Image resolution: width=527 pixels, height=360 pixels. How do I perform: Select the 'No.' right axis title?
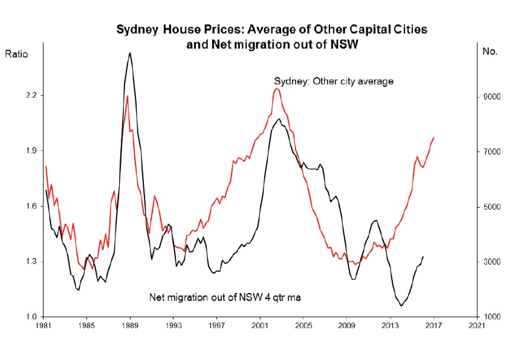point(490,51)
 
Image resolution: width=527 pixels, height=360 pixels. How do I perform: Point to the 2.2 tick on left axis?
point(31,95)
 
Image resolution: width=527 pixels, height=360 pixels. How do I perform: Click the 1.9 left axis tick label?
point(31,151)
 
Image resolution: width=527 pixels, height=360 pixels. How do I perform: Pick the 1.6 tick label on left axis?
point(31,207)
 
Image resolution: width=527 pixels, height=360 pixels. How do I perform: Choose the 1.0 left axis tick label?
point(31,317)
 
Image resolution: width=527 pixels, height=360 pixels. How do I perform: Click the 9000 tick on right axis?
point(491,97)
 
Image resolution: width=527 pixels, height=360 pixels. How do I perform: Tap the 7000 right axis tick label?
point(491,152)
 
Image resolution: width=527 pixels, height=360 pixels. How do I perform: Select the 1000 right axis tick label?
point(491,317)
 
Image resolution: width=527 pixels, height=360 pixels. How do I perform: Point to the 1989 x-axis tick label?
point(130,327)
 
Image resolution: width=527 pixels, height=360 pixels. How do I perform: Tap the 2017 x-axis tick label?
point(434,327)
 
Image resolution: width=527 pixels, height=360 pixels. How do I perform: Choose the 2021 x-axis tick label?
point(477,327)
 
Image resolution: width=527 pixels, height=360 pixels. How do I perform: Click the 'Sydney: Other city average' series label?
point(334,81)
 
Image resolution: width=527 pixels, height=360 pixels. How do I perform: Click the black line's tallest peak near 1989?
point(129,53)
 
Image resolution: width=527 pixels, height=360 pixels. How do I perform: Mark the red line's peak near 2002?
point(276,89)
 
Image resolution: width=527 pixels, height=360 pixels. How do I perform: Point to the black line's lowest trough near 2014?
point(401,306)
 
